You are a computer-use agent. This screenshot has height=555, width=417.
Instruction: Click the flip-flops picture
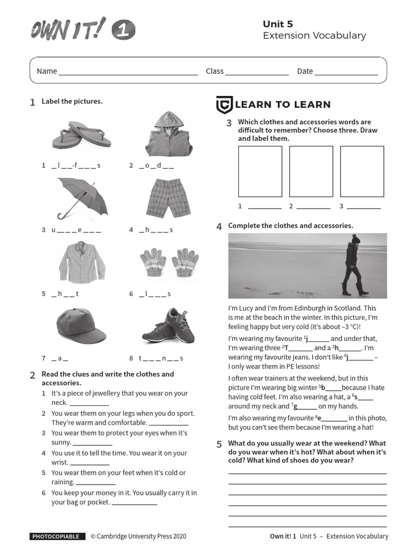(81, 135)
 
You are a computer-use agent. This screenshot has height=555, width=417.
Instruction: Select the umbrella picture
(82, 198)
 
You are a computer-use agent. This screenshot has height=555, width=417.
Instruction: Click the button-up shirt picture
(82, 262)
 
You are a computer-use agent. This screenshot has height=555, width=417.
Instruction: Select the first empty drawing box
(260, 171)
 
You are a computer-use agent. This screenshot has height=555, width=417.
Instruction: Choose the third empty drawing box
(362, 171)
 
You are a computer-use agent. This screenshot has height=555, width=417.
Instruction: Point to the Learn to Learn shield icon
(224, 105)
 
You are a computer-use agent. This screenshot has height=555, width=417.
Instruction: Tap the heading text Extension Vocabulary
(314, 36)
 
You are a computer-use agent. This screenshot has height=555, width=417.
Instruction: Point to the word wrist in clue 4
(60, 462)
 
